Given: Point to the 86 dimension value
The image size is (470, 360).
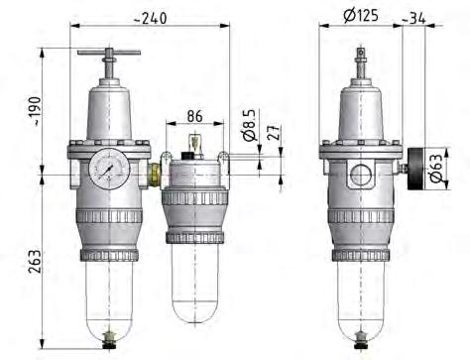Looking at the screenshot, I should click(194, 117).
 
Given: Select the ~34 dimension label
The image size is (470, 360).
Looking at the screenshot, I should click(417, 17).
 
